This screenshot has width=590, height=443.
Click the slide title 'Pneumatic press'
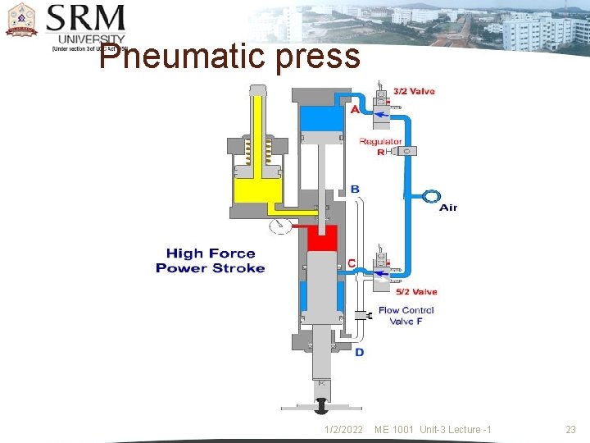(229, 57)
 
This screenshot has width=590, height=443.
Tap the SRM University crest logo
(21, 21)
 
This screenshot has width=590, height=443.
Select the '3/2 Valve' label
(414, 91)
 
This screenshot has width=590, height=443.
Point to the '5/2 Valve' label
(416, 291)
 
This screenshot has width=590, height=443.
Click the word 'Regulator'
(380, 141)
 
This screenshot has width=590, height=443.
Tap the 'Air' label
(448, 208)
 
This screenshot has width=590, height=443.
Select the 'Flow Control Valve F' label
(406, 316)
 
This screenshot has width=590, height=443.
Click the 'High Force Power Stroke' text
(211, 261)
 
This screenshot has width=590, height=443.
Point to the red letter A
(355, 109)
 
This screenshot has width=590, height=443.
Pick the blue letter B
(355, 190)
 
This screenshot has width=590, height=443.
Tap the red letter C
(352, 263)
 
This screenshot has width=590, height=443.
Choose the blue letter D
(359, 352)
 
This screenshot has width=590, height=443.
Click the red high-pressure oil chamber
(323, 239)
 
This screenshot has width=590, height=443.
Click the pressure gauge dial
(279, 227)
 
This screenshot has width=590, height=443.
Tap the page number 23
(571, 430)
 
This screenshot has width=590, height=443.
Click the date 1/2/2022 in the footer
(343, 430)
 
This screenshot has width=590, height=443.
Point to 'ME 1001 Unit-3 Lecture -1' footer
(433, 430)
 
